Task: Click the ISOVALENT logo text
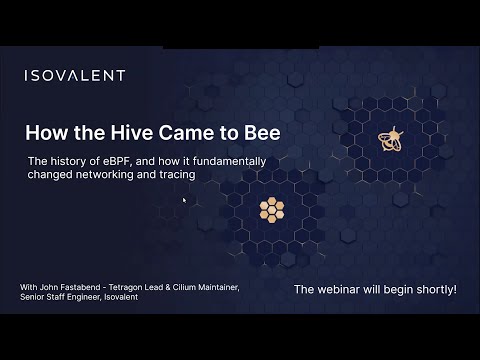click(75, 75)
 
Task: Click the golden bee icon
click(390, 140)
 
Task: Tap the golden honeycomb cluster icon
click(272, 208)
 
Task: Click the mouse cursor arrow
click(184, 200)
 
